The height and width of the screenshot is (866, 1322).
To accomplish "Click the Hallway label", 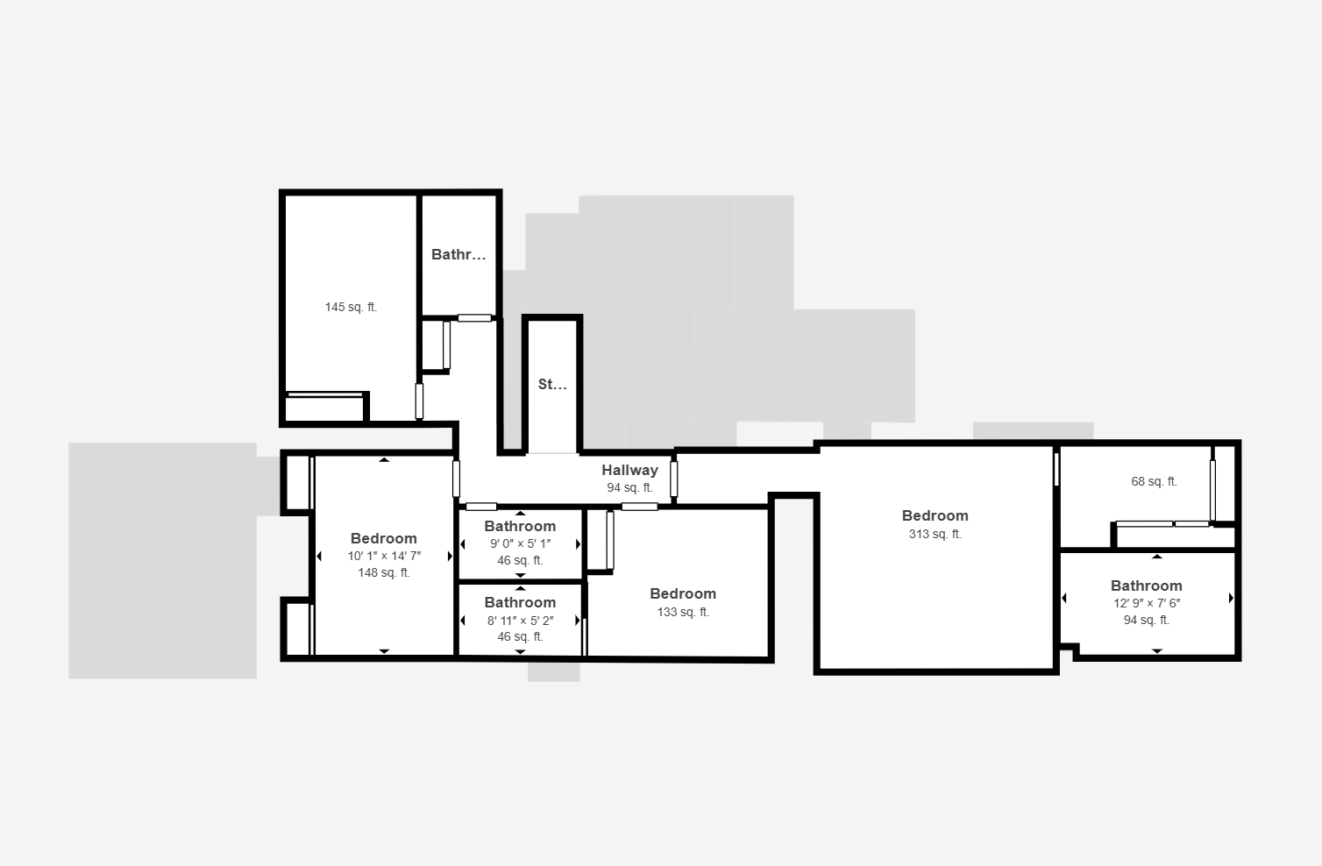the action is click(629, 470).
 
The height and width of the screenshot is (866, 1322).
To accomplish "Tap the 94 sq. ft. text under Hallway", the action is click(629, 488).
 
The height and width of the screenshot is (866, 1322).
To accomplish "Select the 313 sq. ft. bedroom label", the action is click(935, 534).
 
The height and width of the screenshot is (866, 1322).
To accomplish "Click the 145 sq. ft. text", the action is click(351, 307).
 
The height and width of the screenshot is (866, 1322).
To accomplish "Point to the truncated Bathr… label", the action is click(458, 254).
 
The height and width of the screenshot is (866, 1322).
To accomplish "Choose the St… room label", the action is click(552, 384).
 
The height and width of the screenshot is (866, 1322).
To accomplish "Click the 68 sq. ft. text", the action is click(1154, 481).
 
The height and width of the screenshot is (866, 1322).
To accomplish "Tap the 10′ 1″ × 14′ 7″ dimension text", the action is click(384, 556).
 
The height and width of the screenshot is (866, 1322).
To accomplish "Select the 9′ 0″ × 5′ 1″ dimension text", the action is click(520, 543).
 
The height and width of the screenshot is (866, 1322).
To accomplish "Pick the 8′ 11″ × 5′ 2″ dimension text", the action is click(520, 620).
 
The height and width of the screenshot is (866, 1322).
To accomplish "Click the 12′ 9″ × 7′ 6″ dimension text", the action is click(1147, 603).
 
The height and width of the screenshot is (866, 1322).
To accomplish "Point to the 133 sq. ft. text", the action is click(683, 612).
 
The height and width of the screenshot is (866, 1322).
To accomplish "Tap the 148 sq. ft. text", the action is click(384, 572).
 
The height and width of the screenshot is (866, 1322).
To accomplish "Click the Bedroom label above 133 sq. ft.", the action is click(683, 593).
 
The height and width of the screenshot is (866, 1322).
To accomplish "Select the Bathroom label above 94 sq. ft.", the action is click(1147, 586).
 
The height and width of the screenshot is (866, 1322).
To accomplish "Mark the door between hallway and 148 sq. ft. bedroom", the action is click(456, 479).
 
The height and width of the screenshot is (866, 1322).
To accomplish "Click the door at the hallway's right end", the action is click(673, 479).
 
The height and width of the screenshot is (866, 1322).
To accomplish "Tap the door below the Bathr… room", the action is click(474, 318).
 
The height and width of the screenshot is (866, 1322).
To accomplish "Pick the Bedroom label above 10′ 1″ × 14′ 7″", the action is click(384, 538).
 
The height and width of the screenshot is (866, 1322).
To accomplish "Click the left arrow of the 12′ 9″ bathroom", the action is click(1064, 598).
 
